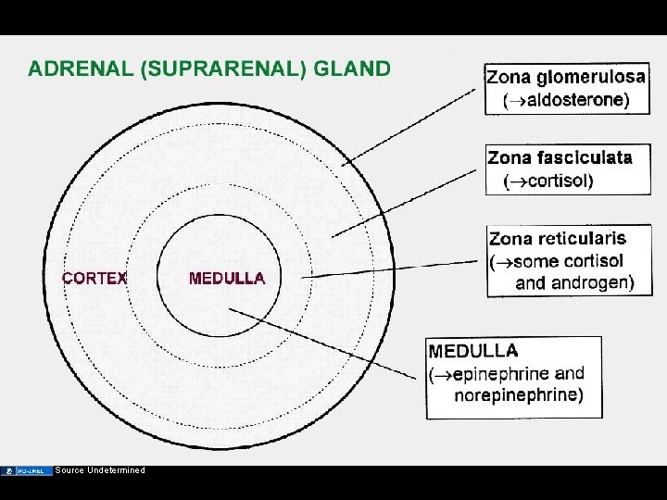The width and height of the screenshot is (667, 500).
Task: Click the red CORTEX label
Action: pyautogui.click(x=94, y=278)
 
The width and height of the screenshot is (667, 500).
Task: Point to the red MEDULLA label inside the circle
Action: pyautogui.click(x=227, y=278)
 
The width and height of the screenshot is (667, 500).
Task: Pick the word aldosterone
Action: pyautogui.click(x=571, y=100)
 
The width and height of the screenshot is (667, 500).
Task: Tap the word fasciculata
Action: pyautogui.click(x=585, y=157)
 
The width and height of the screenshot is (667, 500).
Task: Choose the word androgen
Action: pyautogui.click(x=590, y=283)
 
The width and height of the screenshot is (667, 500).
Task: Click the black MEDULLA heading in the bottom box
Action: pyautogui.click(x=473, y=352)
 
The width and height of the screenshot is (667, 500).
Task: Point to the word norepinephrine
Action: pyautogui.click(x=519, y=395)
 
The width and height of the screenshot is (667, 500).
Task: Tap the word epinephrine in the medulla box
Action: pyautogui.click(x=501, y=374)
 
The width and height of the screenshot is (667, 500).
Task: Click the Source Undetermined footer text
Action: pyautogui.click(x=100, y=470)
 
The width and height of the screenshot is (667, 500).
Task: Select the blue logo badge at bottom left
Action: pyautogui.click(x=27, y=470)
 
